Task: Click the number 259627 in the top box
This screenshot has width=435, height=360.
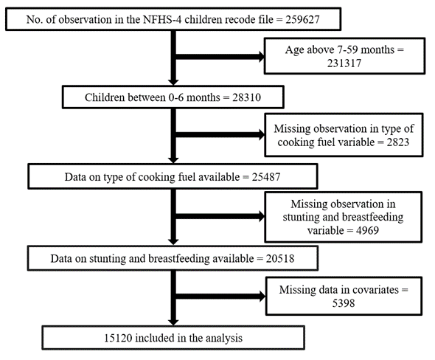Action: pyautogui.click(x=302, y=20)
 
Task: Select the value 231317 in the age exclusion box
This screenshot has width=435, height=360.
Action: pyautogui.click(x=344, y=63)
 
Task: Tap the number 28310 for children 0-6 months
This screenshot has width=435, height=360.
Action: pyautogui.click(x=247, y=97)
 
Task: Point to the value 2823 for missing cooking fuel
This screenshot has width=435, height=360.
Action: pyautogui.click(x=398, y=142)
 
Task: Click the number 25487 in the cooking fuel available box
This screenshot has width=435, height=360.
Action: pyautogui.click(x=266, y=177)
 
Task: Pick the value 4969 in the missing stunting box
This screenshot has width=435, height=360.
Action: pyautogui.click(x=367, y=230)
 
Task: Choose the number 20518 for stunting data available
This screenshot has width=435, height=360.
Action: pyautogui.click(x=280, y=258)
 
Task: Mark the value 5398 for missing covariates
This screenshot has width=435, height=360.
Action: pyautogui.click(x=344, y=303)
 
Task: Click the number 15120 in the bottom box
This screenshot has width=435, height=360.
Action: pyautogui.click(x=118, y=338)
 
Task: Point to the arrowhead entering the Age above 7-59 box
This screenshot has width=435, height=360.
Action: pyautogui.click(x=261, y=57)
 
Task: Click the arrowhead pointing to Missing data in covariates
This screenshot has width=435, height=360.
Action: pyautogui.click(x=262, y=296)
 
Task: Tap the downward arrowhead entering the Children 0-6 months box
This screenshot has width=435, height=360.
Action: pyautogui.click(x=173, y=82)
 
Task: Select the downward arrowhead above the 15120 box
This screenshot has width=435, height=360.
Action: pyautogui.click(x=173, y=322)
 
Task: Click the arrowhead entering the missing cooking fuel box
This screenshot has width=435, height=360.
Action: pyautogui.click(x=262, y=135)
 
